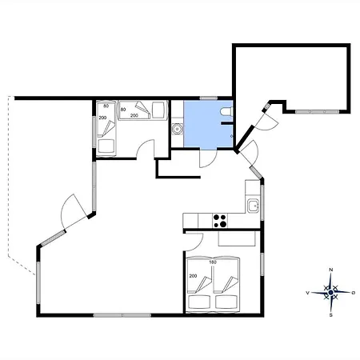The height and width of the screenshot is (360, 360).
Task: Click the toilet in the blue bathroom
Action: click(x=227, y=111)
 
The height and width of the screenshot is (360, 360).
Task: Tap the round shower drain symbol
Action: click(x=176, y=129)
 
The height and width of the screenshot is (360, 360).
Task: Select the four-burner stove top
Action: click(x=220, y=221)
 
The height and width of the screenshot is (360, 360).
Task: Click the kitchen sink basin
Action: click(x=253, y=206)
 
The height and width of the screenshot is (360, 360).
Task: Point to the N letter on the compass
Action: click(x=331, y=270)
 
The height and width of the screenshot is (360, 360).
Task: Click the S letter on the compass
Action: click(x=331, y=315)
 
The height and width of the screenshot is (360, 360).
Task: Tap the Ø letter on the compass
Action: click(x=354, y=293)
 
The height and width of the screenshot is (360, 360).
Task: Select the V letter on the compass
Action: click(x=307, y=293)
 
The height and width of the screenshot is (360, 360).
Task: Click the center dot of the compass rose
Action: click(x=331, y=293)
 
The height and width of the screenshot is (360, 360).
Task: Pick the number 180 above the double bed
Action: click(x=213, y=262)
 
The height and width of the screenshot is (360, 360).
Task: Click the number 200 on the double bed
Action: click(x=193, y=276)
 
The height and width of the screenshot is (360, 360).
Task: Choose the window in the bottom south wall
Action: click(x=122, y=315)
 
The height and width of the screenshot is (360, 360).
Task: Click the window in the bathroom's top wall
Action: click(x=209, y=98)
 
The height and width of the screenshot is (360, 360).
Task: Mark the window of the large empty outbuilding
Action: click(x=317, y=112)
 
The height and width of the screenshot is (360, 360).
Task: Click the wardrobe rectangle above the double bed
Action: click(x=237, y=238)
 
